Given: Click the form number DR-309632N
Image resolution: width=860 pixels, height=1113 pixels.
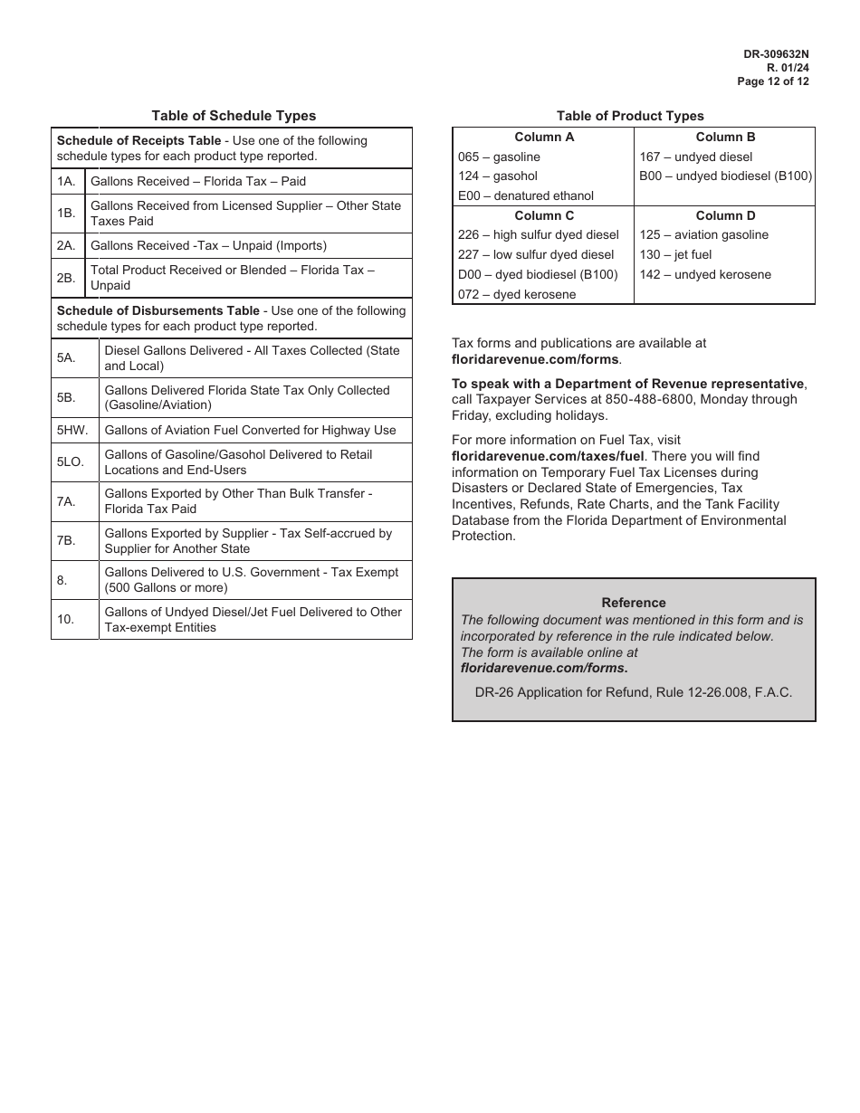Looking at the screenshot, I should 776,54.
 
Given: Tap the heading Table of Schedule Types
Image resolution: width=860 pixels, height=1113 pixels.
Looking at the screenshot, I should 234,116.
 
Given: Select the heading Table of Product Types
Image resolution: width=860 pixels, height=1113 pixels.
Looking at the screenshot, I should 630,116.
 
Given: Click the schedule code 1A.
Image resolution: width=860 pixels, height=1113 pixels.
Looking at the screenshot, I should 66,182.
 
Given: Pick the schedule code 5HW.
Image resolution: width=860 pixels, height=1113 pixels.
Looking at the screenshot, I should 72,431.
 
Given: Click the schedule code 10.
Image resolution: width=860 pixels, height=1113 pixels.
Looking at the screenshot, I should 62,620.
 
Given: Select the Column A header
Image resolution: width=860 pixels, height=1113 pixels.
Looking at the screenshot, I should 544,138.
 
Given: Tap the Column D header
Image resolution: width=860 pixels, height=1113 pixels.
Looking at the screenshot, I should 725,215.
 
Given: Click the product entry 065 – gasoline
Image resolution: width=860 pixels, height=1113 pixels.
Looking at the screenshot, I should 499,157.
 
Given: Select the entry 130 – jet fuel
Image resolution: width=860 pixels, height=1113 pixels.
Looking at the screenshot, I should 675,255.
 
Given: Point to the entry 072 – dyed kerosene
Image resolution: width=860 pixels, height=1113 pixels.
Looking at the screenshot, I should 517,294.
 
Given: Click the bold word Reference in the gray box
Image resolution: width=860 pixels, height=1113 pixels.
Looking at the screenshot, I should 634,603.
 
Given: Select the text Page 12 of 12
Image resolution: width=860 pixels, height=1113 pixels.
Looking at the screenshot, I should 773,81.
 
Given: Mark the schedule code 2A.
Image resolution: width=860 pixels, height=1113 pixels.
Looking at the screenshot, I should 66,246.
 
